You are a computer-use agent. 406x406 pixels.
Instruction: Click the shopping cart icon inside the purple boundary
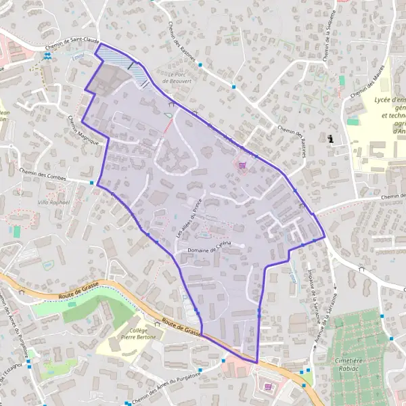[242, 163]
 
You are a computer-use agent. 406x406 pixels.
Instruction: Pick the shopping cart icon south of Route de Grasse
[268, 386]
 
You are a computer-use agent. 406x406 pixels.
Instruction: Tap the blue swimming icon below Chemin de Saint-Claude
[47, 57]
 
